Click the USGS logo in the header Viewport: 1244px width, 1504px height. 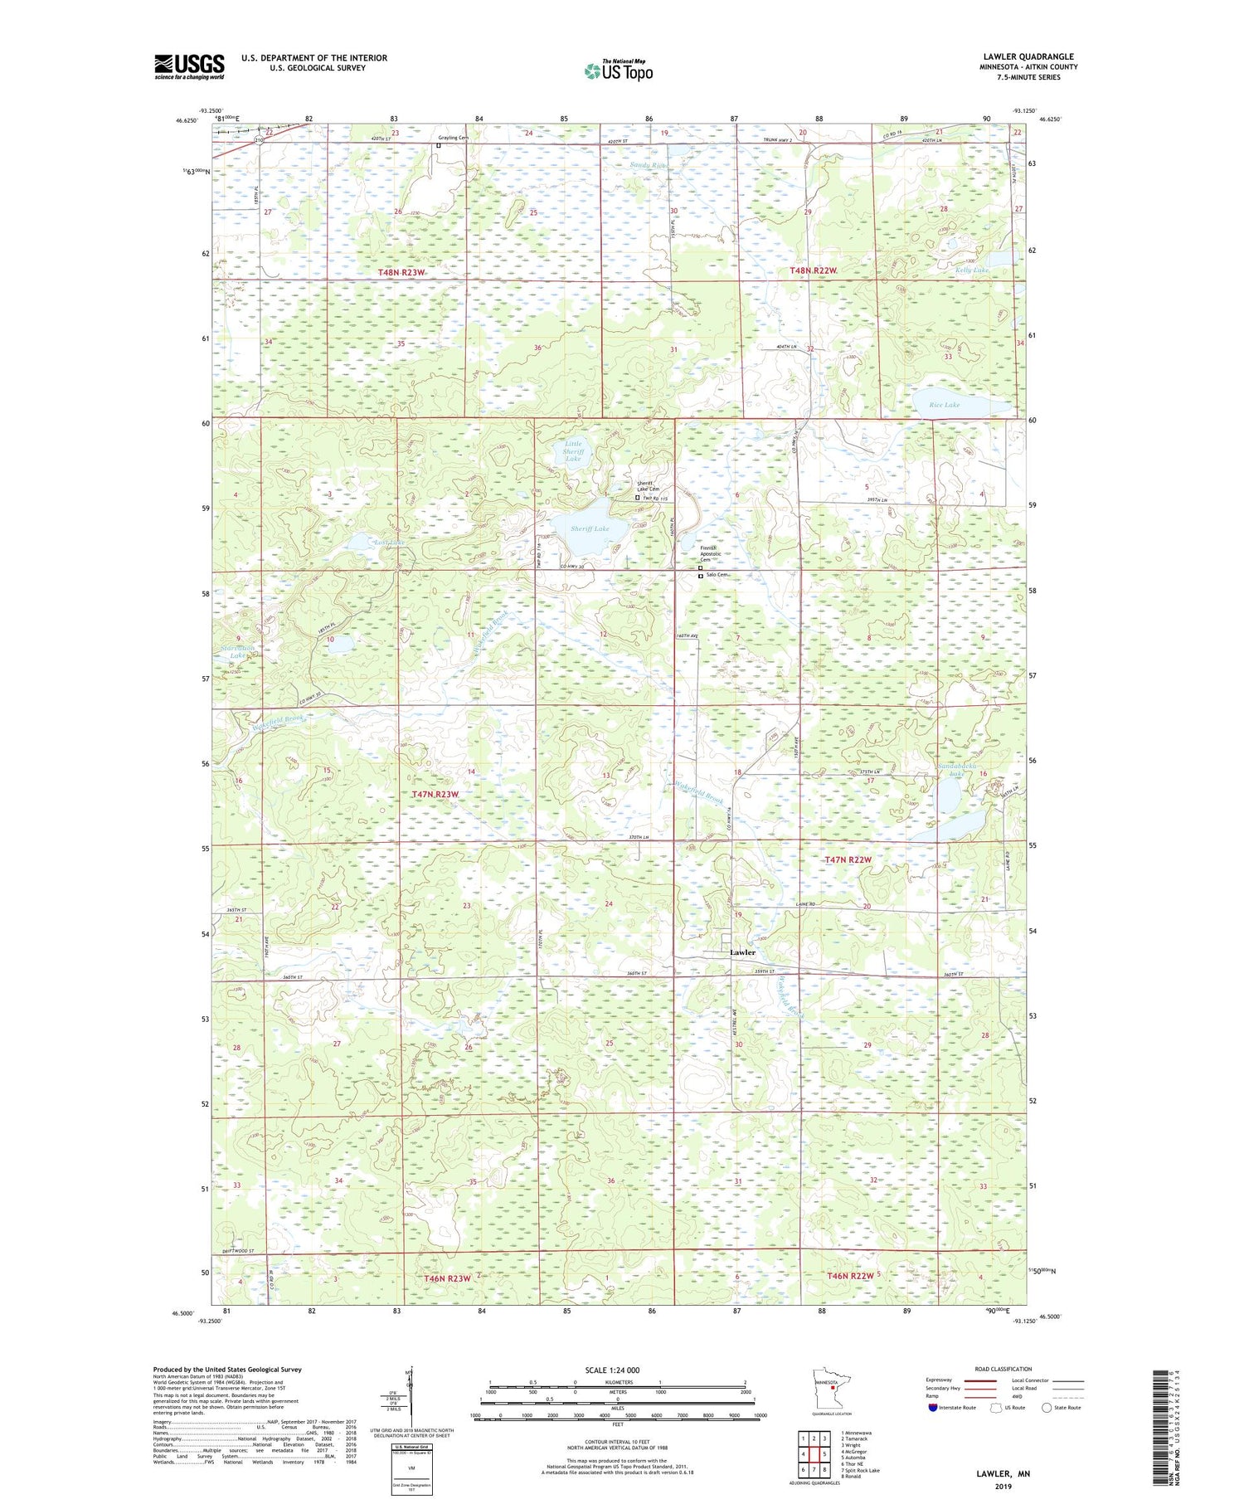click(189, 66)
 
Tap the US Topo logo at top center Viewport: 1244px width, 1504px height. click(618, 71)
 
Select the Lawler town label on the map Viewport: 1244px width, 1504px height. click(742, 952)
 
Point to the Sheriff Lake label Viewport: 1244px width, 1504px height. click(590, 528)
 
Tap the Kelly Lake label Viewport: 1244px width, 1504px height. click(971, 270)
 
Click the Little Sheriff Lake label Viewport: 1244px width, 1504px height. click(573, 451)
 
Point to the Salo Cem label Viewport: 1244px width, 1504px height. click(717, 575)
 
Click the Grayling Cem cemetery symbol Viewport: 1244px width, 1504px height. click(439, 146)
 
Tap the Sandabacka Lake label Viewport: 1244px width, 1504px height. click(958, 769)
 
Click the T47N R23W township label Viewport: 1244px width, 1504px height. click(435, 794)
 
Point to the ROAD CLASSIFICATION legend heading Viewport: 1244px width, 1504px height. click(1003, 1369)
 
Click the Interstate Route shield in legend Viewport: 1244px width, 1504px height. click(932, 1407)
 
